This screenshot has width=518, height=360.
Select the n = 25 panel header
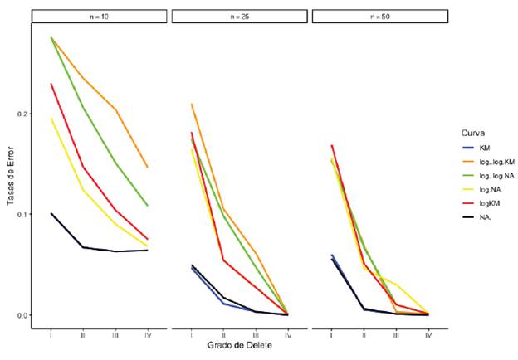click(x=240, y=17)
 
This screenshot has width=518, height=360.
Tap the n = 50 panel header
click(x=380, y=17)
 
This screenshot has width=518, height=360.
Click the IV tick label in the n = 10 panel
click(x=148, y=335)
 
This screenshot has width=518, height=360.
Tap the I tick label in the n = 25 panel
click(x=192, y=335)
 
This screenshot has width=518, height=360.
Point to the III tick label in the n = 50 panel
click(x=396, y=335)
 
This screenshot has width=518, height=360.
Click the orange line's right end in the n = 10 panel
click(x=148, y=168)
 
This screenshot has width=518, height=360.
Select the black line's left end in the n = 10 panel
click(x=51, y=213)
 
